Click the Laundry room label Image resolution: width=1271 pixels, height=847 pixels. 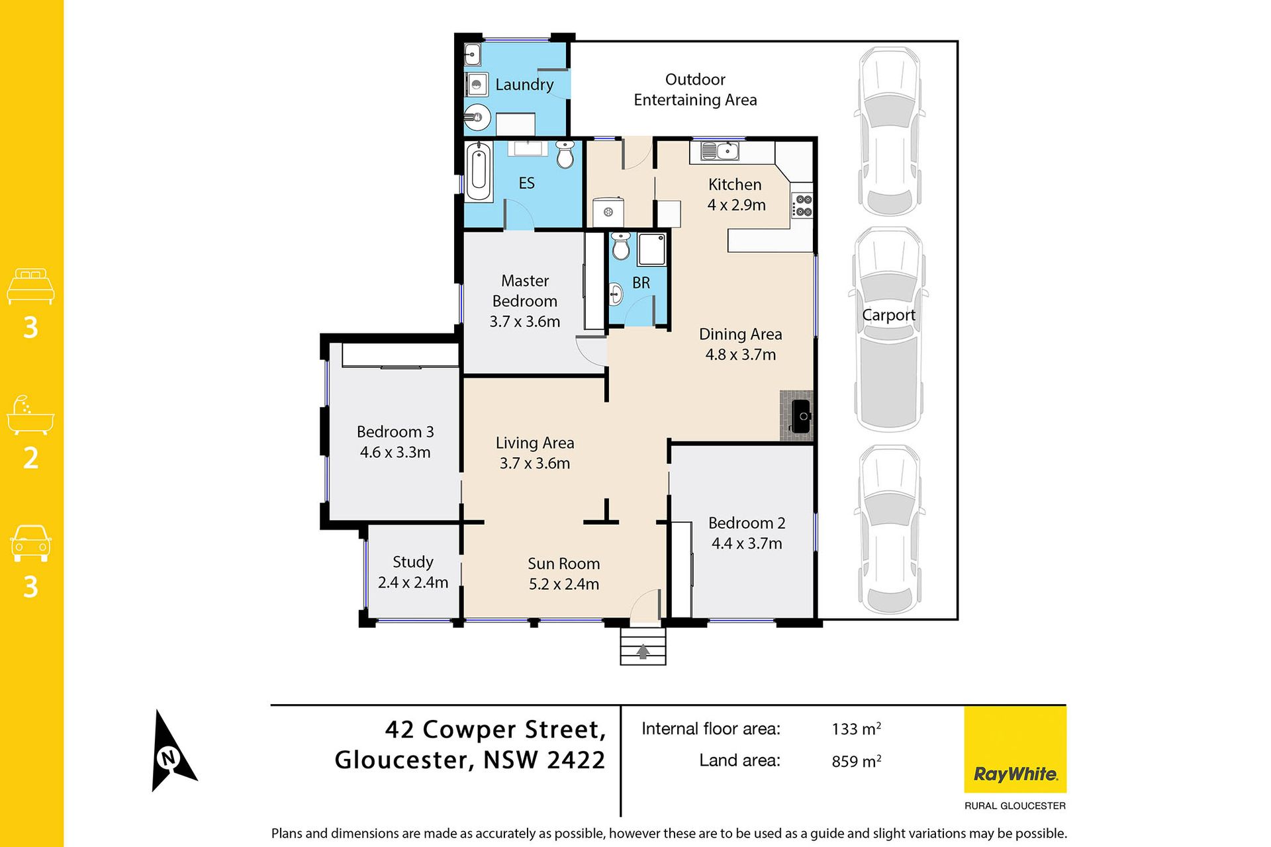[x=524, y=85]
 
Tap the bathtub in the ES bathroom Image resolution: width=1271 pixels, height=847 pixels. [x=479, y=172]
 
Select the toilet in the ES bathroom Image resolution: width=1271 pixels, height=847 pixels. [x=565, y=154]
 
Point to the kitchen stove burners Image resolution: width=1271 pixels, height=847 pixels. [x=803, y=205]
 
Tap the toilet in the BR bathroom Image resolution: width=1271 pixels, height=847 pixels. [x=620, y=245]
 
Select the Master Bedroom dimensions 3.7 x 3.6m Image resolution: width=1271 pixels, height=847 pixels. [x=525, y=322]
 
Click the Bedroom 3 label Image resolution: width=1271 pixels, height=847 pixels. [x=395, y=432]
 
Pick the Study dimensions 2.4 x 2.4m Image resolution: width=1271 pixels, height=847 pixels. [x=413, y=582]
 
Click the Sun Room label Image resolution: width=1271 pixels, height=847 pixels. [x=564, y=564]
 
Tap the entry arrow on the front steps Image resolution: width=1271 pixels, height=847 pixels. [x=643, y=652]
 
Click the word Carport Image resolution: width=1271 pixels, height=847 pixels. [x=888, y=316]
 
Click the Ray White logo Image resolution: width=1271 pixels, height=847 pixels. [x=1015, y=750]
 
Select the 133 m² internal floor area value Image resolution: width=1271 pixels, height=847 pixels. [x=856, y=729]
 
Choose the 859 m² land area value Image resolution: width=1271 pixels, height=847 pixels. [x=856, y=761]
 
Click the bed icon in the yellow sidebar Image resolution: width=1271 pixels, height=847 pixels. [x=30, y=286]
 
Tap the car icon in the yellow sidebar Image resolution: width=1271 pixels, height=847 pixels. [x=30, y=544]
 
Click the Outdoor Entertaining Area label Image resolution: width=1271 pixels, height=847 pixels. [x=695, y=90]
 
